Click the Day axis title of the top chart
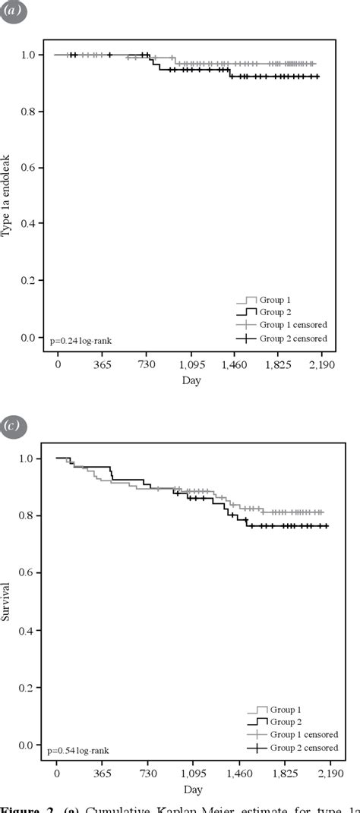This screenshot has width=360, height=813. coord(191,380)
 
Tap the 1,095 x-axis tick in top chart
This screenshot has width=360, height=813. coord(191,365)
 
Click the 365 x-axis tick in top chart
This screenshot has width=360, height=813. coord(103,365)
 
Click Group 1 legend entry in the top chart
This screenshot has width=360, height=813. coord(276,300)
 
